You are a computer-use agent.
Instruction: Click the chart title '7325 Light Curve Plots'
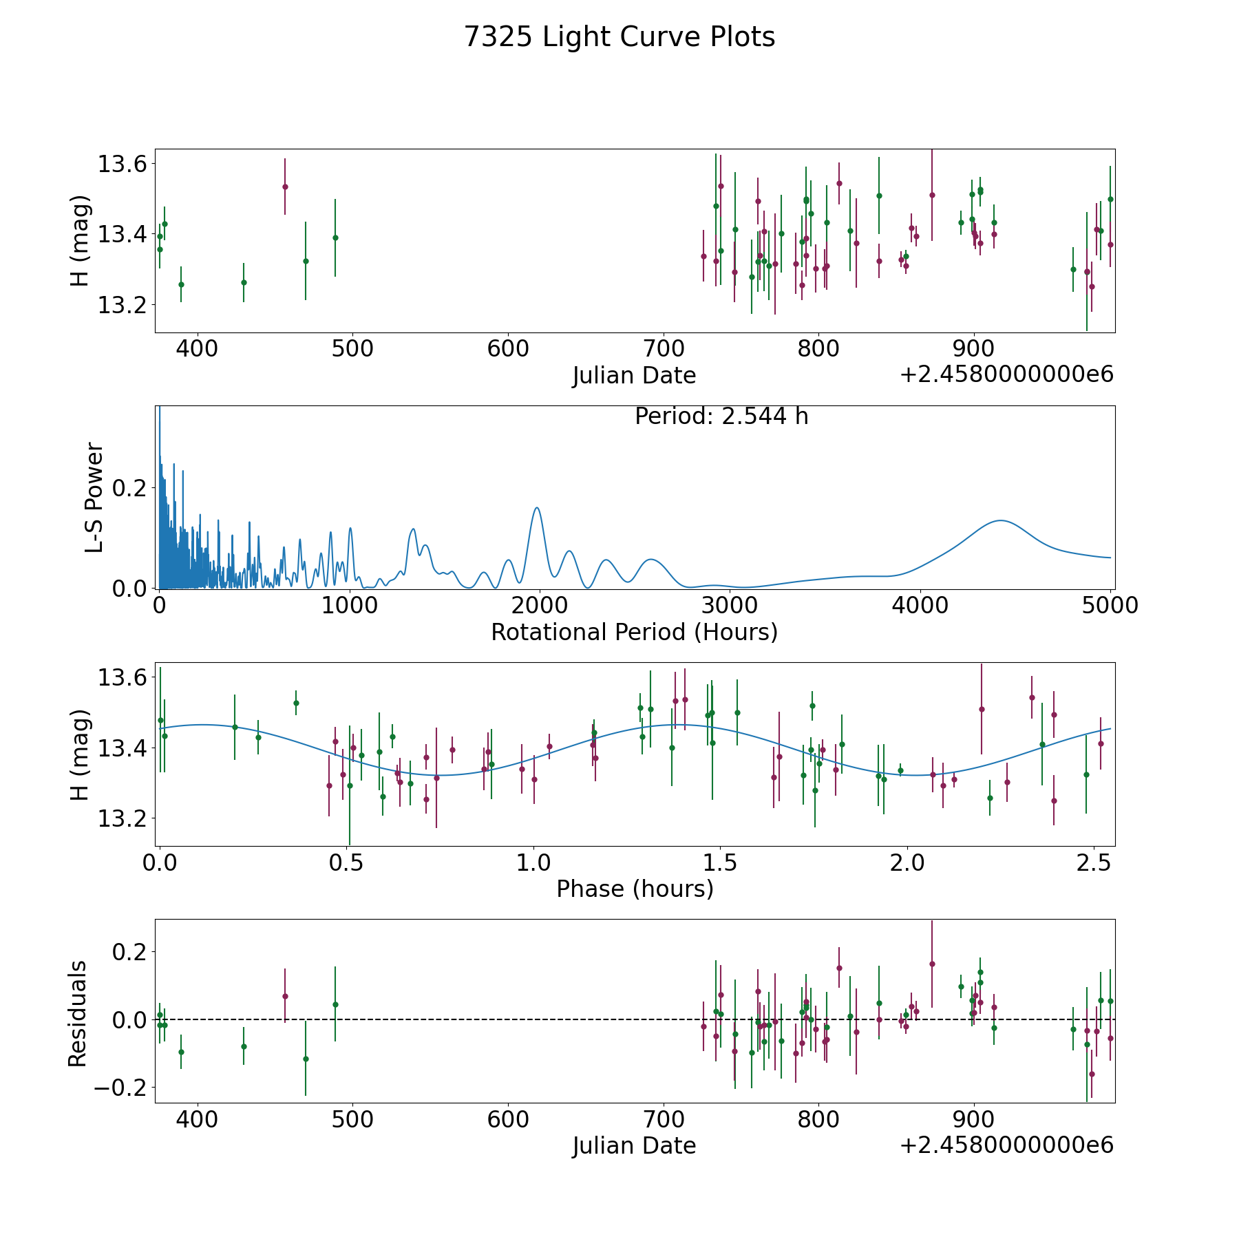coord(619,37)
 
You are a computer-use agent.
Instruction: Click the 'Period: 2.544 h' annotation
coord(721,416)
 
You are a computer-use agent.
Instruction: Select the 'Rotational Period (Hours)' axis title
coord(634,632)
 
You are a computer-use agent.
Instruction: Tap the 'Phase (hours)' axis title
coord(635,889)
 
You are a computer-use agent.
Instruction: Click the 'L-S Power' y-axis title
coord(95,497)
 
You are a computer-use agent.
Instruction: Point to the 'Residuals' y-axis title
coord(78,1013)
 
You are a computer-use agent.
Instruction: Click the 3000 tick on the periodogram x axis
coord(730,606)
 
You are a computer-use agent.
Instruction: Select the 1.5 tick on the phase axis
coord(721,862)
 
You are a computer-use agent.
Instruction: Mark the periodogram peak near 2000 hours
coord(537,507)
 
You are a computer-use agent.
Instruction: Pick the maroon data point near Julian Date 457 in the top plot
coord(285,187)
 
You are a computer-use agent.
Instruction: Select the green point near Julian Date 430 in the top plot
coord(244,282)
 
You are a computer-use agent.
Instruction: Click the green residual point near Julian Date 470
coord(306,1059)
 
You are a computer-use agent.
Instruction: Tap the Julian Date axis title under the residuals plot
coord(634,1145)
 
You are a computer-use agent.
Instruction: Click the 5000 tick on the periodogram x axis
coord(1110,606)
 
